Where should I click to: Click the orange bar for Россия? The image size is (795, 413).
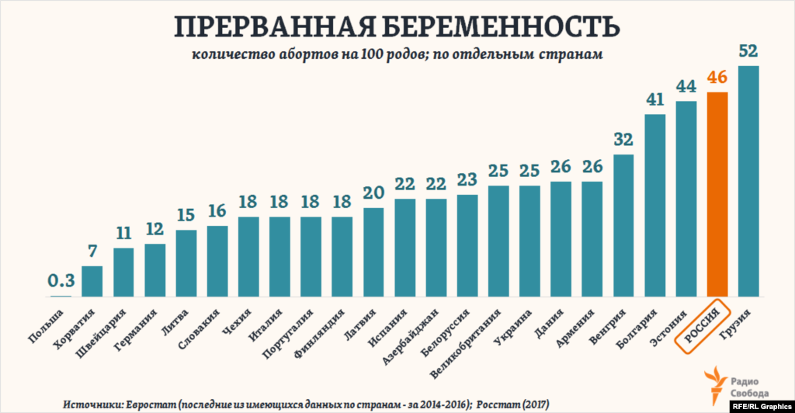(x=717, y=194)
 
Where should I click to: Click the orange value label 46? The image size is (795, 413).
(x=717, y=78)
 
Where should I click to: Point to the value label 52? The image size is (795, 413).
(x=748, y=52)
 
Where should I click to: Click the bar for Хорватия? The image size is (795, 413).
(x=92, y=281)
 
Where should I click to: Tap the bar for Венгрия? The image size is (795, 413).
(x=623, y=225)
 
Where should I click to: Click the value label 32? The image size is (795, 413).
(x=623, y=141)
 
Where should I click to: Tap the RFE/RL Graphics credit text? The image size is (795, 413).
(x=762, y=404)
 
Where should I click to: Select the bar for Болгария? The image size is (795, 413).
(x=655, y=206)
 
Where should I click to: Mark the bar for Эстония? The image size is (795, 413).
(x=686, y=199)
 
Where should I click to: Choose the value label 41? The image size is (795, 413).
(x=655, y=100)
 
